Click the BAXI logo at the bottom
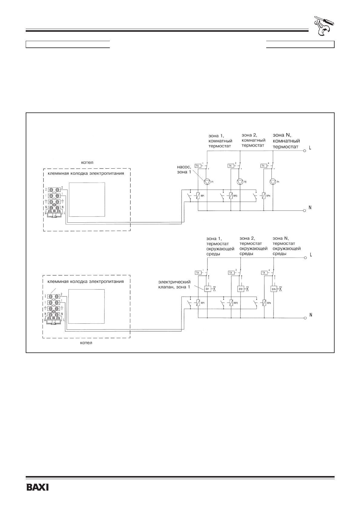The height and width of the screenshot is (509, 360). (x=38, y=488)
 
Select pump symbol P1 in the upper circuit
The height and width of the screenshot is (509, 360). (x=207, y=182)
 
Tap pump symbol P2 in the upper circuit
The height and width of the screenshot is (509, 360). (x=240, y=182)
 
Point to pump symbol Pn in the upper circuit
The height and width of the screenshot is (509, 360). (x=273, y=182)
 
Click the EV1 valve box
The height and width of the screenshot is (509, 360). (x=208, y=289)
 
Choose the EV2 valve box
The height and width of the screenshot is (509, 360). (x=241, y=289)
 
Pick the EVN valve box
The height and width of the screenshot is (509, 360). (x=274, y=289)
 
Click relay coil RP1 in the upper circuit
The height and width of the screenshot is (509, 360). (x=198, y=196)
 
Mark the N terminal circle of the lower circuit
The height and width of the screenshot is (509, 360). (x=305, y=318)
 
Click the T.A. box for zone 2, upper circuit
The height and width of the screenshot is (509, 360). (x=230, y=165)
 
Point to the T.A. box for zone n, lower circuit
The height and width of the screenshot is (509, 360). (x=264, y=273)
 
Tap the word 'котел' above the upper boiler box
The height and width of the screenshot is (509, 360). (x=87, y=162)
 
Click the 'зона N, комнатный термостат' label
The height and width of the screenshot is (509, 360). (x=286, y=141)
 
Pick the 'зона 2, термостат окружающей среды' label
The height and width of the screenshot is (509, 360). (x=253, y=246)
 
